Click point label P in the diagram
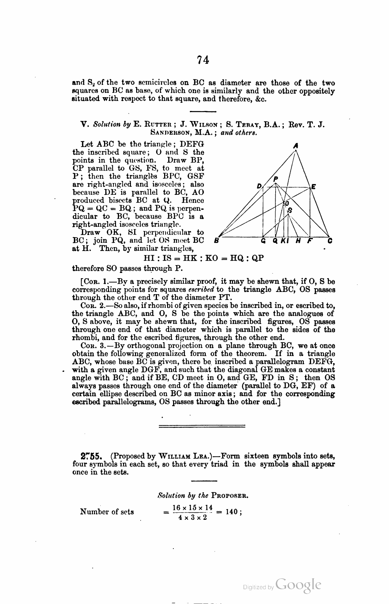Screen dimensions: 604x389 point(276,179)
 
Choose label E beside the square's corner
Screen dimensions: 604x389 point(314,187)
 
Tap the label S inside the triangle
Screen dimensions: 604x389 point(290,210)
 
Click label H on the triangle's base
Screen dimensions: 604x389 point(298,241)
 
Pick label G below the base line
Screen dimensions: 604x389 point(263,241)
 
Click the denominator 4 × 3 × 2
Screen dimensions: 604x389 point(192,518)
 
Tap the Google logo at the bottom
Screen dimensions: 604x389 point(298,585)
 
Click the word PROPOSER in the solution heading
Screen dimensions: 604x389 point(230,496)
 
